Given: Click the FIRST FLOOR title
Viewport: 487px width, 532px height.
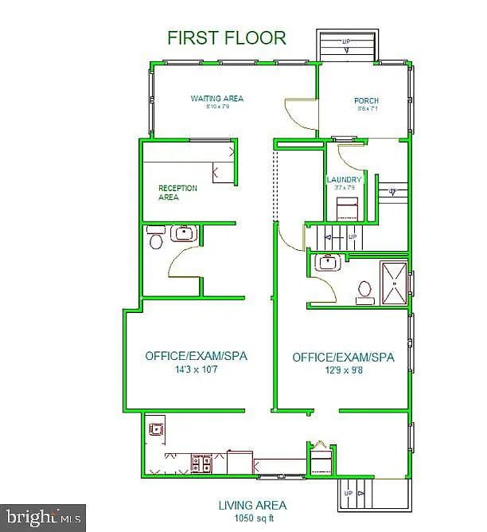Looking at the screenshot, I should click(227, 37).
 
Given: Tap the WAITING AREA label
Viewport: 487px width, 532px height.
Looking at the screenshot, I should click(216, 99).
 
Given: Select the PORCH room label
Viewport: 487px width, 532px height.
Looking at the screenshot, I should click(366, 101).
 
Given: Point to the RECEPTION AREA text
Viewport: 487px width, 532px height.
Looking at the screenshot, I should click(177, 193).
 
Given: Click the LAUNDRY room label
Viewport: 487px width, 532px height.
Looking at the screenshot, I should click(344, 180).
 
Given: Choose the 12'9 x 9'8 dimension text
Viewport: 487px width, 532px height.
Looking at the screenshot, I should click(343, 370).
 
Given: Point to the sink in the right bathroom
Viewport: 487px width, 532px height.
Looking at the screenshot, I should click(326, 263).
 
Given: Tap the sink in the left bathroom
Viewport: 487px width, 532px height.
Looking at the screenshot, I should click(184, 234).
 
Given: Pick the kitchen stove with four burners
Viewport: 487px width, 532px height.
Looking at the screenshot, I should click(202, 462).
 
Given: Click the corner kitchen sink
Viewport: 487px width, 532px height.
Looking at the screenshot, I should click(154, 431).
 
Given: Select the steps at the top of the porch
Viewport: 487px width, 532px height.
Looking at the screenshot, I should click(346, 45).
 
